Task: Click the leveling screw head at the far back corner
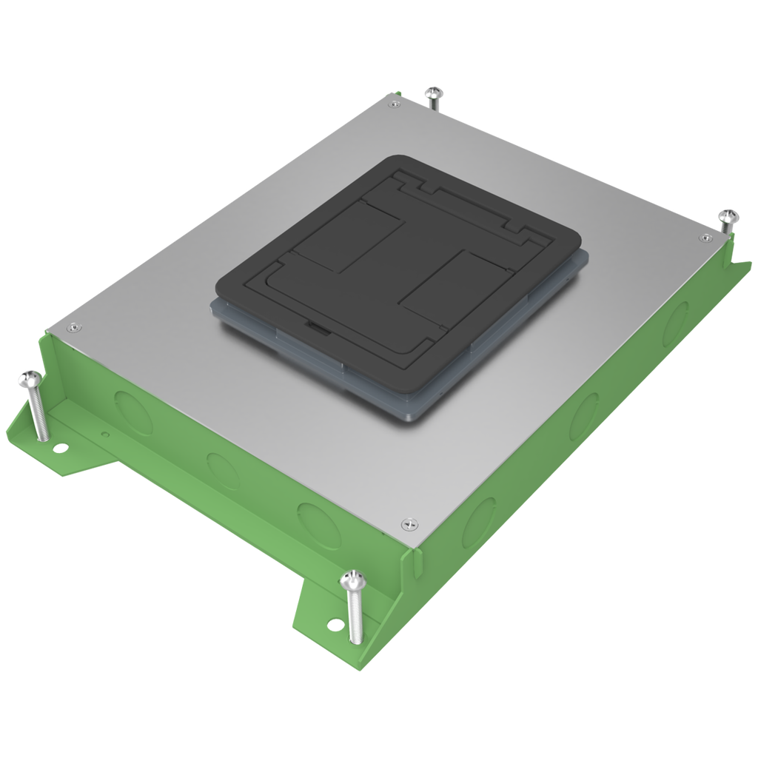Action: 434,93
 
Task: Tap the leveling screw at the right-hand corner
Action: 728,218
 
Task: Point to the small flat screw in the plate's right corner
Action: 704,238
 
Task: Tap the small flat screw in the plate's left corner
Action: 73,327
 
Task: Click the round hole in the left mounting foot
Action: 58,447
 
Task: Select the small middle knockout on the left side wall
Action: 223,470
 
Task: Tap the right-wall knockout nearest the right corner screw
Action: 676,323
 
